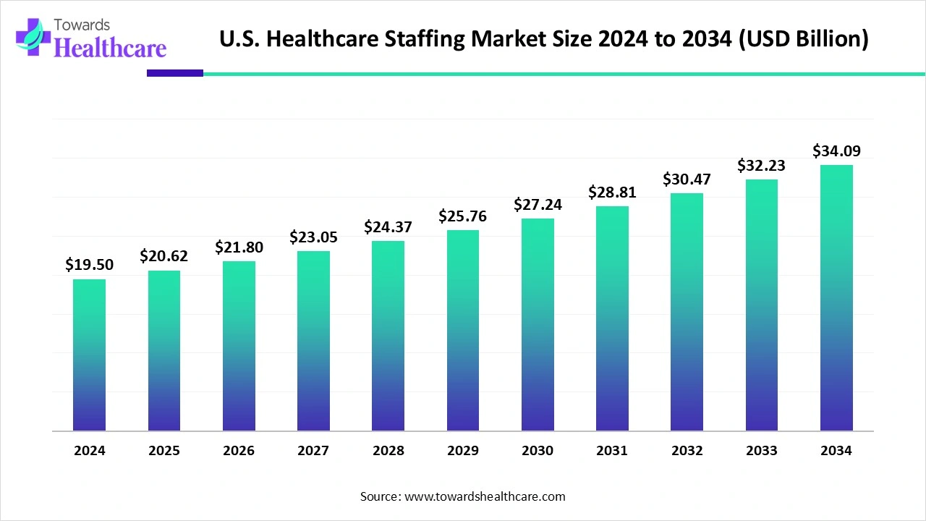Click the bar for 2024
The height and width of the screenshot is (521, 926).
click(x=89, y=355)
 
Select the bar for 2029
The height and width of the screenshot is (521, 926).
click(x=463, y=330)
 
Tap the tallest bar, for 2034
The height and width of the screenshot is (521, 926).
click(x=836, y=297)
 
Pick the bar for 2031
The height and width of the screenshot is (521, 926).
click(x=612, y=318)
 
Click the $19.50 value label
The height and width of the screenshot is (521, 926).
click(x=89, y=265)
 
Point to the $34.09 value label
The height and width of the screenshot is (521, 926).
click(x=836, y=151)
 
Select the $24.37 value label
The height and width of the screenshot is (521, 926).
click(x=388, y=226)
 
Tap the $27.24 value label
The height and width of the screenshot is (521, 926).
click(x=538, y=204)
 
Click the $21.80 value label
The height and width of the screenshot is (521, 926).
click(x=239, y=247)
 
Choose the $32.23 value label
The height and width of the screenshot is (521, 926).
click(x=761, y=165)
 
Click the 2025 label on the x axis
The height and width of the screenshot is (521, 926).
click(x=164, y=451)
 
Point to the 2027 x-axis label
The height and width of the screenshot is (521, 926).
click(x=313, y=451)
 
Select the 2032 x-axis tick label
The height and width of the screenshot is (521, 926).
click(x=687, y=451)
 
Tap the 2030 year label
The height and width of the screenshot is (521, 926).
click(x=538, y=451)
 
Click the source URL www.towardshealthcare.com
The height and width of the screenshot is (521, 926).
click(x=483, y=496)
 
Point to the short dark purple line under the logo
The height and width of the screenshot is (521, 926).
click(x=175, y=73)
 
